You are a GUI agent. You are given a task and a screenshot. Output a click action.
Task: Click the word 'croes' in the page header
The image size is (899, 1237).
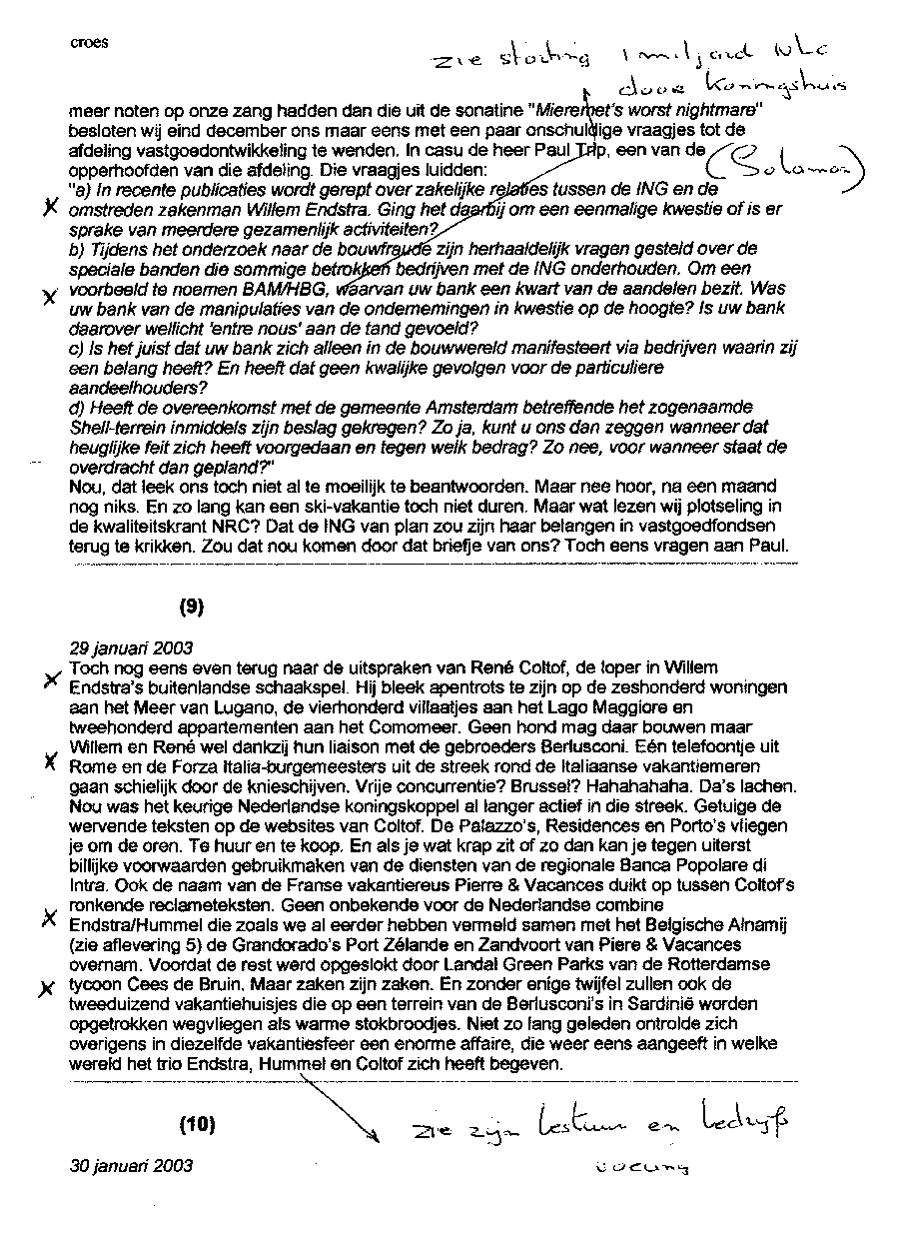pos(90,42)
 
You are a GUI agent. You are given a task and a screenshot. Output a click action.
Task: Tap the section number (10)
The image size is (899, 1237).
pos(197,1123)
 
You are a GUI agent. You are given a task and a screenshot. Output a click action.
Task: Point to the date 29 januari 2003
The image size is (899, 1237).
pos(131,647)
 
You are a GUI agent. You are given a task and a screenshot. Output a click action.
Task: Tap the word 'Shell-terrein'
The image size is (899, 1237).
pos(117,429)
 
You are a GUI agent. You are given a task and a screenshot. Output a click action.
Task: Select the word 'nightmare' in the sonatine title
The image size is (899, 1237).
pos(709,110)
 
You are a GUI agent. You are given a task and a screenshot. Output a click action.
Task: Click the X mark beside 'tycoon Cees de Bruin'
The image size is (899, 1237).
pos(44,987)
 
